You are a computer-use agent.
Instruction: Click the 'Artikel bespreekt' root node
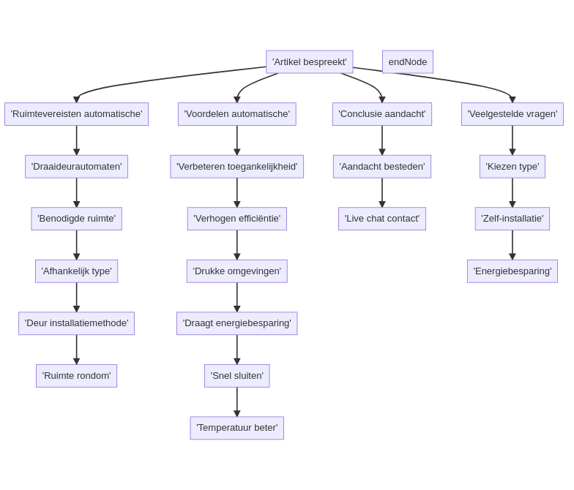point(309,62)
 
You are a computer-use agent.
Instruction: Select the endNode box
point(408,62)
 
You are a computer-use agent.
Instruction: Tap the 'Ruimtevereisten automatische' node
point(76,114)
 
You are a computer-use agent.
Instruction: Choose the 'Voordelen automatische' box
point(236,114)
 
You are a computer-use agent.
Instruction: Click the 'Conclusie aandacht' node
point(381,114)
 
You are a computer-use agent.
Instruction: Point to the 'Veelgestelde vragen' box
point(512,114)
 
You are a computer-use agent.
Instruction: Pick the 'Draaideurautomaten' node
point(76,167)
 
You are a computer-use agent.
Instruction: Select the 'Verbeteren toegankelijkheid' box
point(236,167)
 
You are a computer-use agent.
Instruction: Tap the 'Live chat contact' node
point(381,219)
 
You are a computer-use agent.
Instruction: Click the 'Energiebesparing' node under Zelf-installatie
point(512,271)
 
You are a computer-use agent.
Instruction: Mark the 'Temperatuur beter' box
point(236,428)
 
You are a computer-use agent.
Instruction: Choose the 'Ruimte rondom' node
point(76,376)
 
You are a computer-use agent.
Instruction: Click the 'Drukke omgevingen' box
point(236,271)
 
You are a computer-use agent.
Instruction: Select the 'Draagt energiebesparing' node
point(236,323)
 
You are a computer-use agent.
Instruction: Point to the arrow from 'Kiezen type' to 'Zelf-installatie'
point(512,193)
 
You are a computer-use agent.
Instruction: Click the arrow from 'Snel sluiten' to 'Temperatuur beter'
point(236,402)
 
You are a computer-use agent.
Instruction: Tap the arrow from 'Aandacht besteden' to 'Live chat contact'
point(382,193)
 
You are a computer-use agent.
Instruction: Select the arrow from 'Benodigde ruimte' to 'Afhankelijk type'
point(76,245)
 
